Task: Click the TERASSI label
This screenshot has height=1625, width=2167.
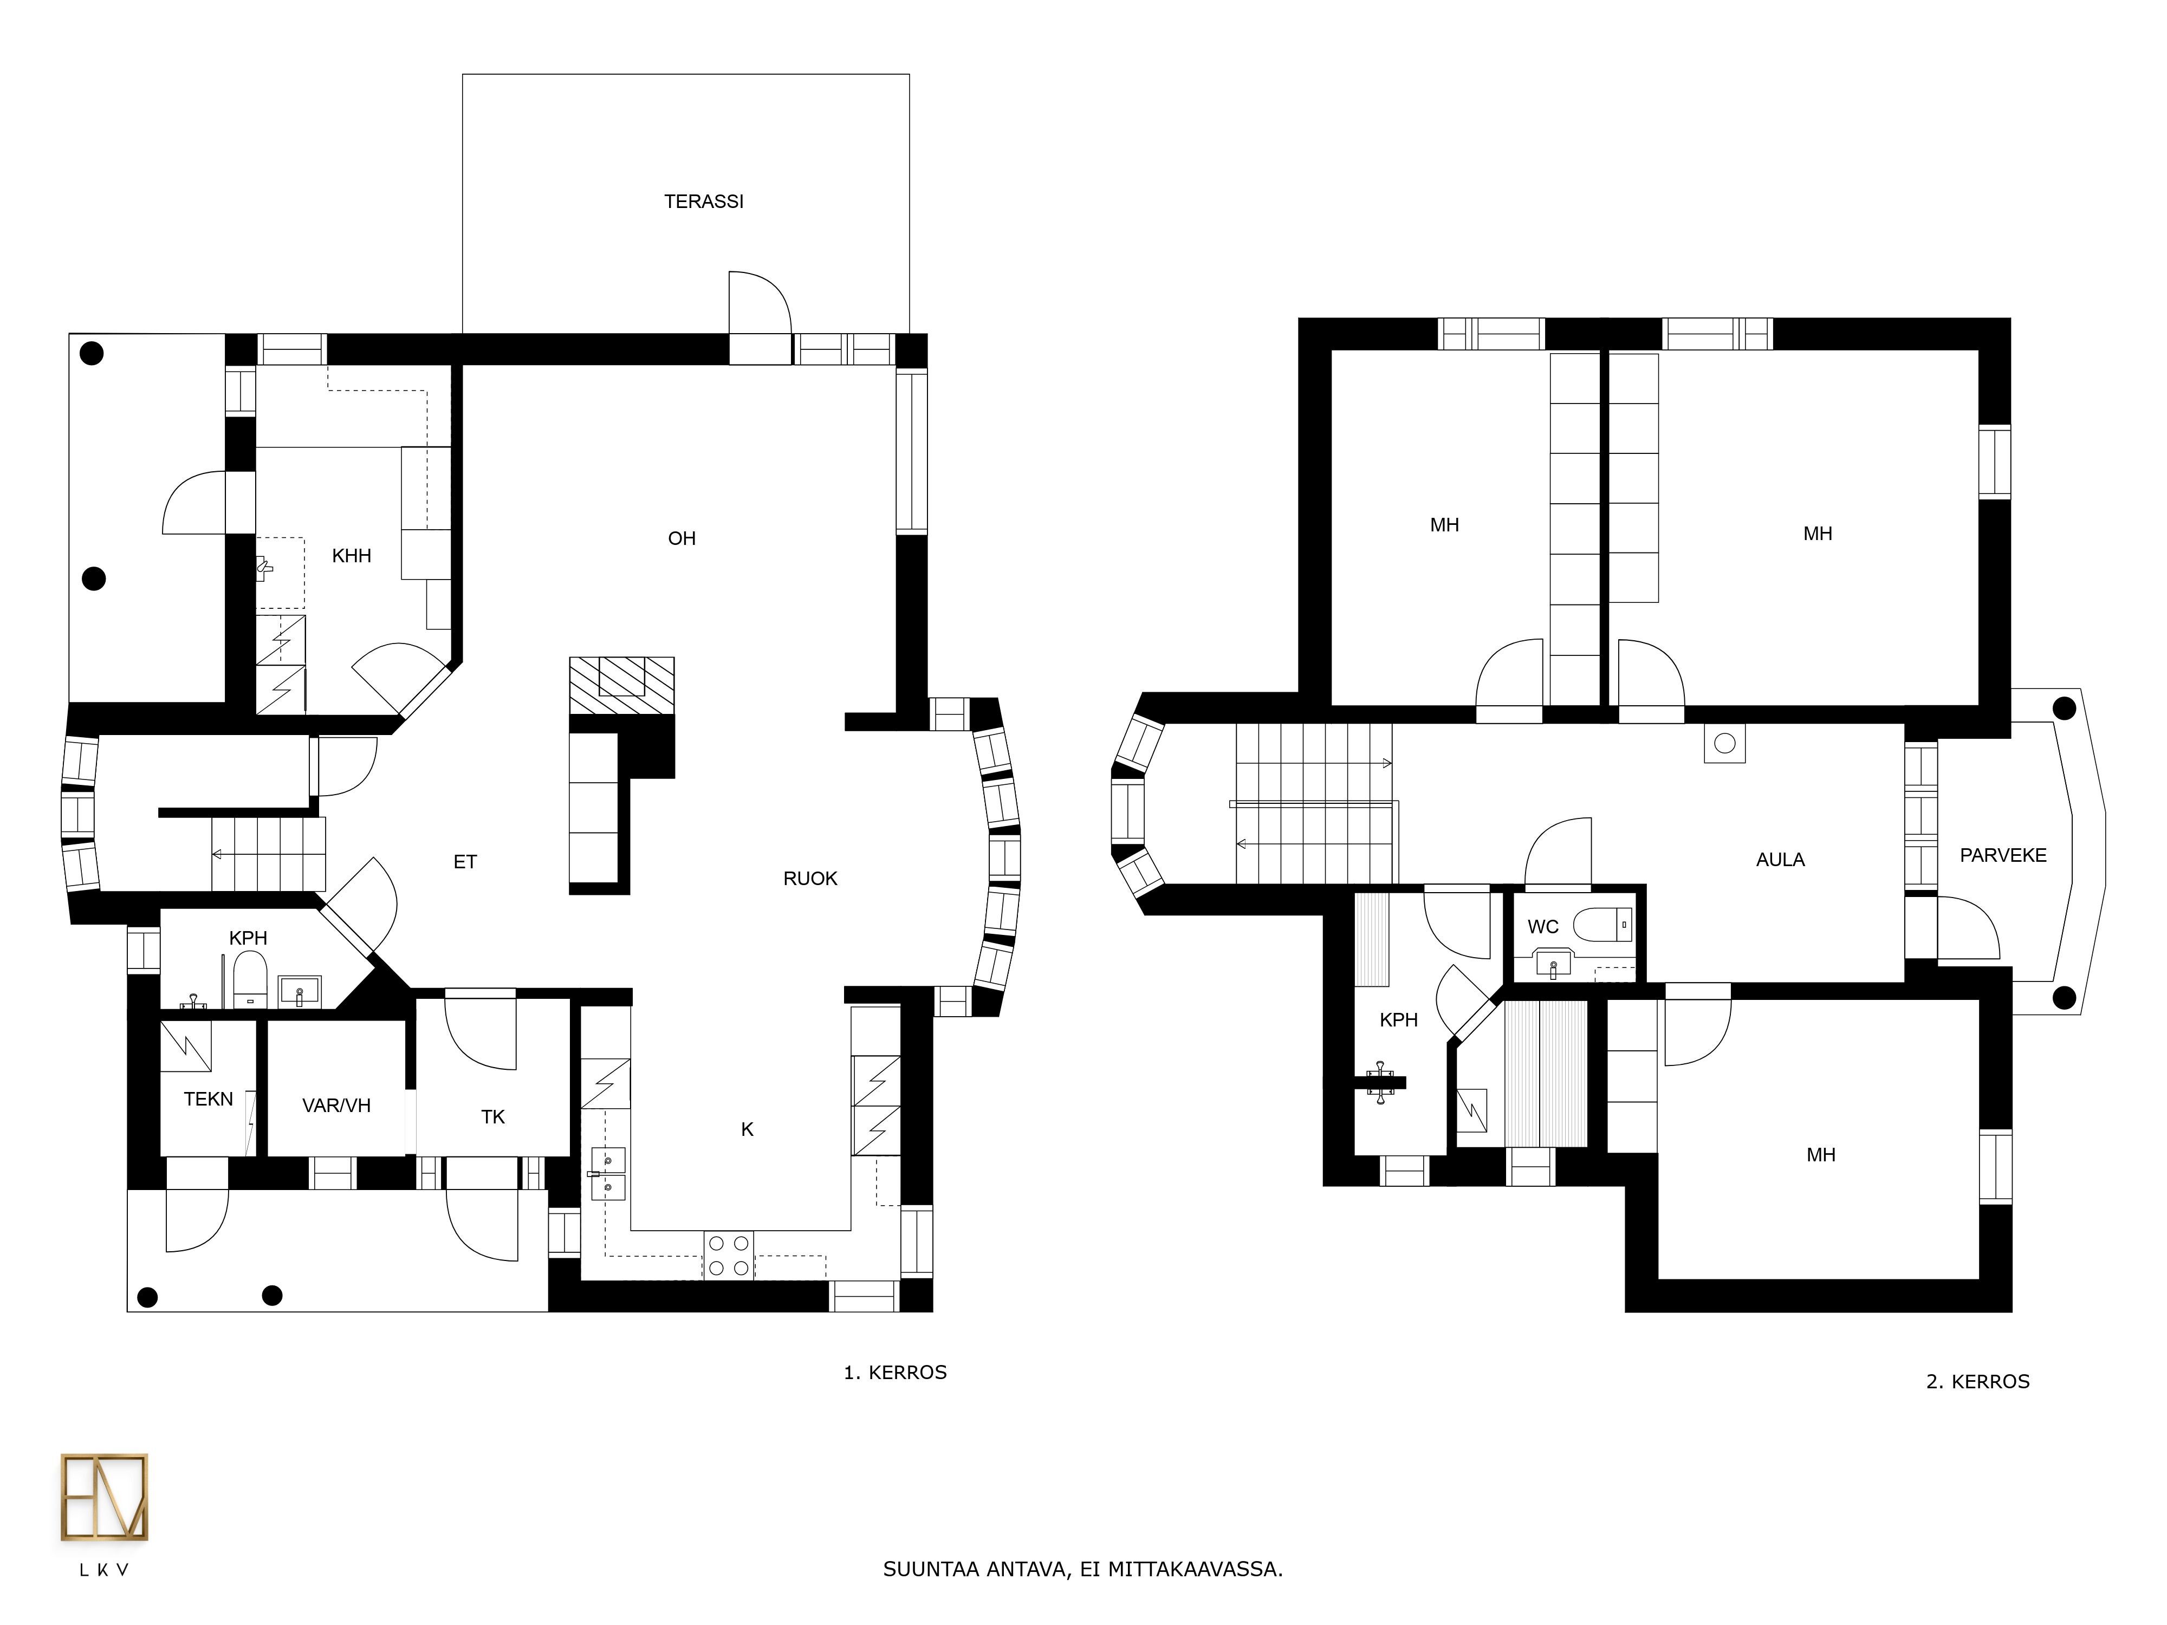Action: click(x=703, y=202)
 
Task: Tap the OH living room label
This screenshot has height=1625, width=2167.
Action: click(x=682, y=539)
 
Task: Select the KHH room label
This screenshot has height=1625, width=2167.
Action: click(x=352, y=556)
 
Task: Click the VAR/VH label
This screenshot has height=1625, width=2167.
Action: click(x=336, y=1106)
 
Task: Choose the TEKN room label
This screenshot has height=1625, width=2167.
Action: click(x=209, y=1099)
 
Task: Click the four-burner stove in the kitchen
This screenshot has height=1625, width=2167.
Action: click(x=729, y=1256)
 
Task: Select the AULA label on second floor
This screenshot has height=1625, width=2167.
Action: click(x=1780, y=860)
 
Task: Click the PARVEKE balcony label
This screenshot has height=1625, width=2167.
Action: click(x=2003, y=855)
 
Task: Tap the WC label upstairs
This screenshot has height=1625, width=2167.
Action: click(x=1543, y=927)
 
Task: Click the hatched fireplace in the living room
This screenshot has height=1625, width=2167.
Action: click(x=622, y=686)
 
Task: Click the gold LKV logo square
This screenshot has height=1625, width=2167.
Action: click(x=105, y=1498)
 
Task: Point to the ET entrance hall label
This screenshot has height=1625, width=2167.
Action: click(x=465, y=862)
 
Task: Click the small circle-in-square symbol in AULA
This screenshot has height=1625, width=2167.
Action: click(x=1725, y=744)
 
